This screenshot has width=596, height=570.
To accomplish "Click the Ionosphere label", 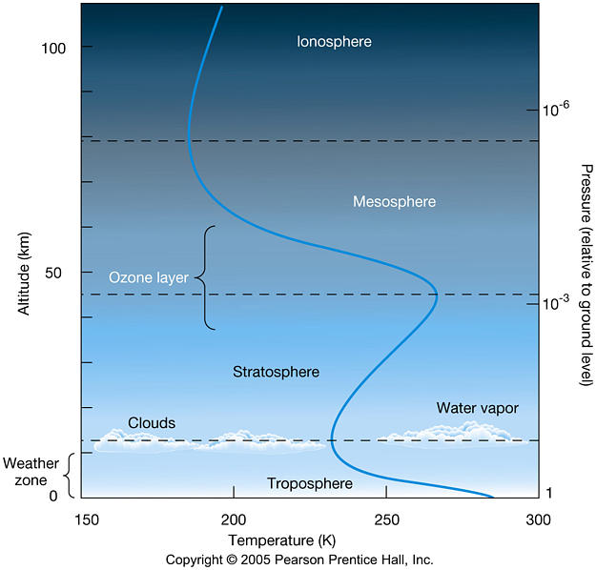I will (334, 42).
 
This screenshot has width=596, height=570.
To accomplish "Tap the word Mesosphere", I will (394, 202).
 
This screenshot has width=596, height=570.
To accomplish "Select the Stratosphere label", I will (276, 372).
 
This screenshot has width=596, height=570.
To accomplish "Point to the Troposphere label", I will (310, 484).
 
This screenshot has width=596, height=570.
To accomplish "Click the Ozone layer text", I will (148, 277).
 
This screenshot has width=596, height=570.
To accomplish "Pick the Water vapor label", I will (477, 408).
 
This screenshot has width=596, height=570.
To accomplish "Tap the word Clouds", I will (152, 423).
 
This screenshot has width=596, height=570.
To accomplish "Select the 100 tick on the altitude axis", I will (65, 47).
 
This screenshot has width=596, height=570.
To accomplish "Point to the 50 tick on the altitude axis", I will (59, 273).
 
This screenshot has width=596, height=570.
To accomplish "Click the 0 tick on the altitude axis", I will (53, 496).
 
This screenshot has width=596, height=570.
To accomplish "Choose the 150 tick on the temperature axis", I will (85, 519).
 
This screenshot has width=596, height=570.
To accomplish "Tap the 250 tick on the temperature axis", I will (386, 519).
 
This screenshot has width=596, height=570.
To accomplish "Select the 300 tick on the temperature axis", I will (539, 519).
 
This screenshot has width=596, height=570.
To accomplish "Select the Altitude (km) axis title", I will (23, 272).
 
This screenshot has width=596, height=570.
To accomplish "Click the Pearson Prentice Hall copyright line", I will (298, 560).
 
